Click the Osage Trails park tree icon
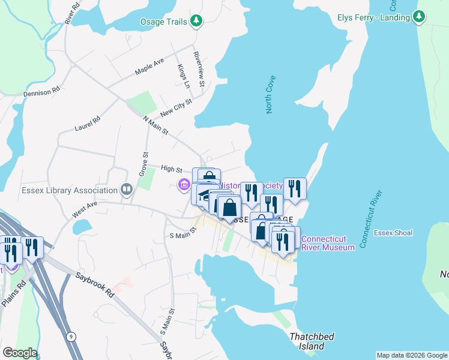point(196,22)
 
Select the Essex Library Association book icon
point(126,190)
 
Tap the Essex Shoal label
point(393,233)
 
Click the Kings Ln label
point(183,76)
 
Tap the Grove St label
point(145,163)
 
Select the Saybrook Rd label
point(95,286)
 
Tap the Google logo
point(20,353)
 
